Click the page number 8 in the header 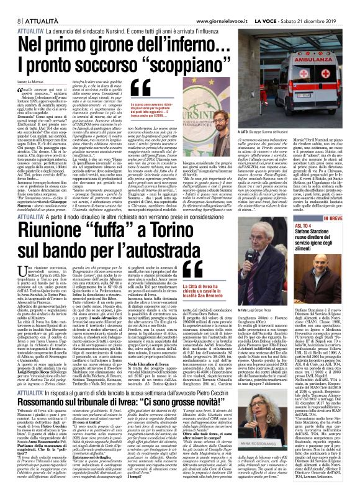point(12,6)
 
